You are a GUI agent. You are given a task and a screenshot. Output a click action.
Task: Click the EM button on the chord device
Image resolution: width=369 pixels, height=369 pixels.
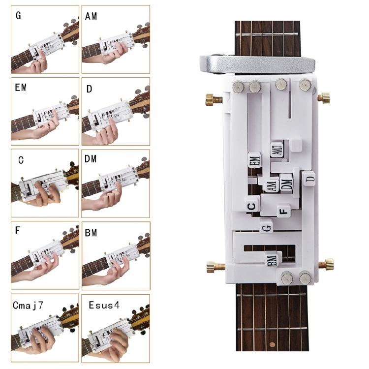coord(254,160)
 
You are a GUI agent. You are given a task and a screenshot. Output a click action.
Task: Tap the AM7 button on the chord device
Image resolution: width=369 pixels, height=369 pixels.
coord(277,150)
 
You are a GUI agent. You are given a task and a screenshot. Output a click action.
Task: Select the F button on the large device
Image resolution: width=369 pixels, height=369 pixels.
coord(282,211)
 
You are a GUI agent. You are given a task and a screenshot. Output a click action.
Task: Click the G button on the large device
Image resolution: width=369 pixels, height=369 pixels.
coord(267,227)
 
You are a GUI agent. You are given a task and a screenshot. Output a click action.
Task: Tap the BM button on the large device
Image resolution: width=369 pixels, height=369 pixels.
coord(273,259)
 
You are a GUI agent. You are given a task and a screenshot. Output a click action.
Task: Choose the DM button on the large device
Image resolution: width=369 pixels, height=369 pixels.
coord(287,183)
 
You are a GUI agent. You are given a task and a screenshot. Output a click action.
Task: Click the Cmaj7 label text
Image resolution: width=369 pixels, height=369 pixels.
coord(28,305)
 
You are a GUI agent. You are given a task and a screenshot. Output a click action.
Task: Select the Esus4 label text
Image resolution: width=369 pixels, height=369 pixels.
coord(104,305)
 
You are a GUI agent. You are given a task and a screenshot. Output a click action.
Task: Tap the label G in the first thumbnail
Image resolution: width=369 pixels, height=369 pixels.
coord(18,15)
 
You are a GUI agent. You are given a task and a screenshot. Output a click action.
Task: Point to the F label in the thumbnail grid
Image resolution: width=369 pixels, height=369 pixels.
coord(18,230)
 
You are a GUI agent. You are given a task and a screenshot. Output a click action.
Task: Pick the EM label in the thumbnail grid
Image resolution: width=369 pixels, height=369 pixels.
coord(21,88)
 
